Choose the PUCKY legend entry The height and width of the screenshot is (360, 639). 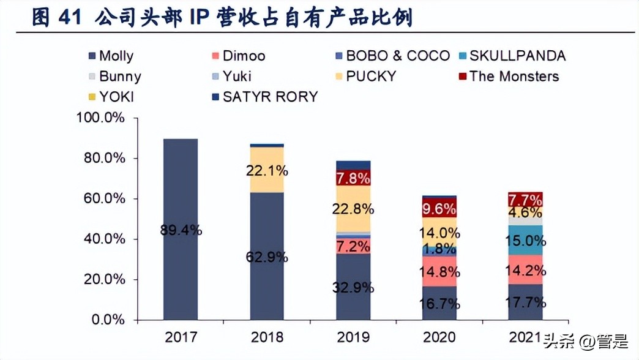[x=371, y=77]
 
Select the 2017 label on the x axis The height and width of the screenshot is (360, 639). [x=181, y=337]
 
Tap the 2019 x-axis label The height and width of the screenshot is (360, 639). [x=353, y=337]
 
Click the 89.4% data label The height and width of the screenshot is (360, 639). [x=181, y=231]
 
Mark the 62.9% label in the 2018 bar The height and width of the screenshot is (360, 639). [x=267, y=257]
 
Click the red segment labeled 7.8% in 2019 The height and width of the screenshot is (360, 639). [x=353, y=178]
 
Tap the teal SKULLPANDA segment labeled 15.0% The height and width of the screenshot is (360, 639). [x=525, y=240]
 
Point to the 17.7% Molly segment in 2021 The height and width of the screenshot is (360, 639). [x=525, y=302]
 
